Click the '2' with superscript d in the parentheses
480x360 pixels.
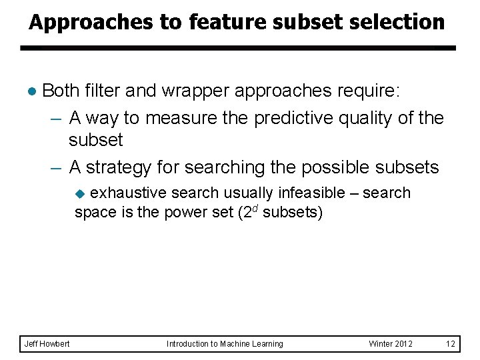245,215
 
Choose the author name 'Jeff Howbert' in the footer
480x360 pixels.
47,343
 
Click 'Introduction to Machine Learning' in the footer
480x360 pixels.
225,343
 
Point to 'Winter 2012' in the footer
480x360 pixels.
391,343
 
